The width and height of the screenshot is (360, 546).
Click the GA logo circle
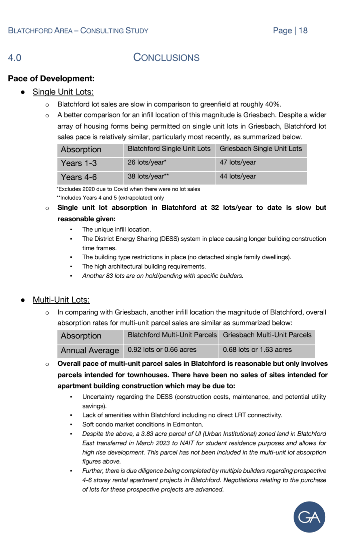pos(309,517)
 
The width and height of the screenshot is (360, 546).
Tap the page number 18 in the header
pos(303,31)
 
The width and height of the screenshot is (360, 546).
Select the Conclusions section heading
pos(166,57)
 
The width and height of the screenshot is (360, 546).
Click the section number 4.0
pos(15,58)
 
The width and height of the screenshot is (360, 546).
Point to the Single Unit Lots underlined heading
pos(63,92)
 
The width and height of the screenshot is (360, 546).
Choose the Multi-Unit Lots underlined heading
pos(61,300)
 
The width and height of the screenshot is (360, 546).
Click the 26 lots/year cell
pos(147,163)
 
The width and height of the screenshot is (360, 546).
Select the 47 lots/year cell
pos(238,163)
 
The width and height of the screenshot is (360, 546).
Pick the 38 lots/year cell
pos(148,177)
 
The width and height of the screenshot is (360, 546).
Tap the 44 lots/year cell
pos(238,177)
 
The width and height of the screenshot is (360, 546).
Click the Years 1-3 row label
pos(79,163)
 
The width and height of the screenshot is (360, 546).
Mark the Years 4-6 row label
pos(79,177)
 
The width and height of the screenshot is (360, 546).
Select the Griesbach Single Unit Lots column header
pos(261,149)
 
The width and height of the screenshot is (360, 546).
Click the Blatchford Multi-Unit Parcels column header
pos(172,335)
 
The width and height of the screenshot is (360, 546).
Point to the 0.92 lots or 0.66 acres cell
pos(162,350)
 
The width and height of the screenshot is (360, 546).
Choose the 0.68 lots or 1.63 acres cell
pos(257,350)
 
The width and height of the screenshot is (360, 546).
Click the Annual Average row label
pos(90,350)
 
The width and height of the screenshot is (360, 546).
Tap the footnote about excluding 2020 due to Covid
pos(129,189)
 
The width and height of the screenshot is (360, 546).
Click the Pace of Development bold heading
pos(51,79)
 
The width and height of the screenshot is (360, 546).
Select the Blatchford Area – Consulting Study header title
pos(78,31)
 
